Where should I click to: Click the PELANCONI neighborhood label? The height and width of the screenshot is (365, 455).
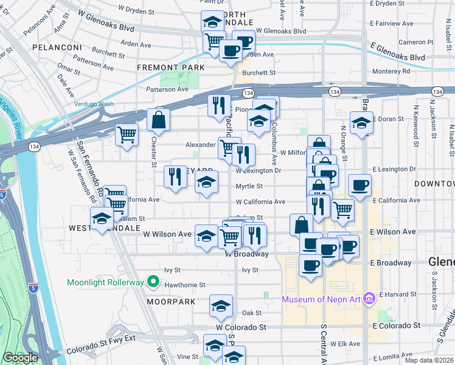(57, 47)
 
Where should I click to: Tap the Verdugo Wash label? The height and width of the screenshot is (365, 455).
(94, 104)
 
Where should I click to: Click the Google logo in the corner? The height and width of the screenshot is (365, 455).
(20, 358)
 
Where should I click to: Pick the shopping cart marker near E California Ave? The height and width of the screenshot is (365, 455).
(343, 209)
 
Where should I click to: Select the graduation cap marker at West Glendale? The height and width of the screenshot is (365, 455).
(101, 218)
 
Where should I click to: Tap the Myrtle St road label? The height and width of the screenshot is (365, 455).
(249, 187)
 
